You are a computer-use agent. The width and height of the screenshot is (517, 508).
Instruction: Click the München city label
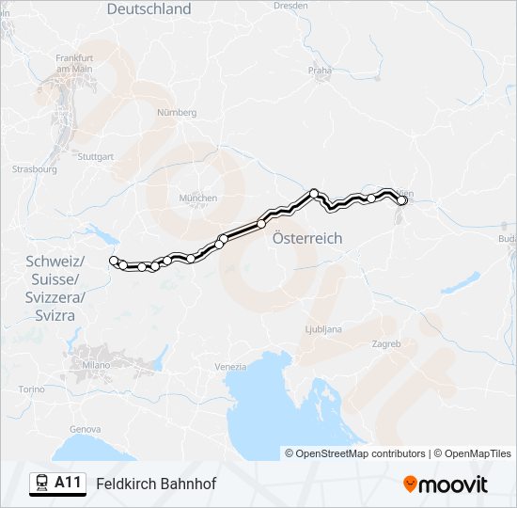198,198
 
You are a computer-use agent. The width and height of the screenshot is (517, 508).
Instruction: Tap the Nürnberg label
177,112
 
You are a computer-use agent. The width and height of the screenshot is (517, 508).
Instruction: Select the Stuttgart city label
95,156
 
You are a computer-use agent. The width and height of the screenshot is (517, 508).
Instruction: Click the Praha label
321,70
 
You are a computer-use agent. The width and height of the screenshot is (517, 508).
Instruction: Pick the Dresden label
290,5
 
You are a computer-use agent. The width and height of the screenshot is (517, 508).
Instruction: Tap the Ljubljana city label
323,329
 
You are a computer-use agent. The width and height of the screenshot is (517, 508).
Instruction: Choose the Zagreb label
385,344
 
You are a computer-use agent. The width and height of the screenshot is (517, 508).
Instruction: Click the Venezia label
230,366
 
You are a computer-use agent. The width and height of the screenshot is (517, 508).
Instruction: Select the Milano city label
96,364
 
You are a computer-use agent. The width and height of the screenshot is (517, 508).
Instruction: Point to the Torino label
32,389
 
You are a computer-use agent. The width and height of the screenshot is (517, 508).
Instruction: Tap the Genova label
86,429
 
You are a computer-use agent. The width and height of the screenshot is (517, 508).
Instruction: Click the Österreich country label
307,239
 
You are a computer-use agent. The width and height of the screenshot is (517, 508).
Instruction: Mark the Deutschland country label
149,9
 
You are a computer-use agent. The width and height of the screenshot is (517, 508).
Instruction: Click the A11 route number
68,483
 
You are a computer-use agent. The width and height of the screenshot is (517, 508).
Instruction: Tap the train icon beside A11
41,484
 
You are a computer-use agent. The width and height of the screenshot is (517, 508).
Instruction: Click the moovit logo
446,484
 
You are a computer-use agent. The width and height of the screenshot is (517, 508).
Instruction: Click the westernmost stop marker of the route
114,261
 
